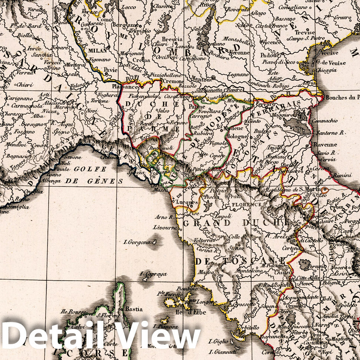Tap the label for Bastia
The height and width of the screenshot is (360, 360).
[133, 309]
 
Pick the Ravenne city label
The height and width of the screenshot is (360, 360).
[325, 145]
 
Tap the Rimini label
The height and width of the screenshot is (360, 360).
[342, 175]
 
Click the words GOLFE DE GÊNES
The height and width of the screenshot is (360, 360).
[94, 175]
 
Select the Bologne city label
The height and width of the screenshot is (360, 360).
[237, 136]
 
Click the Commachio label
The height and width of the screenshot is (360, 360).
[324, 120]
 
